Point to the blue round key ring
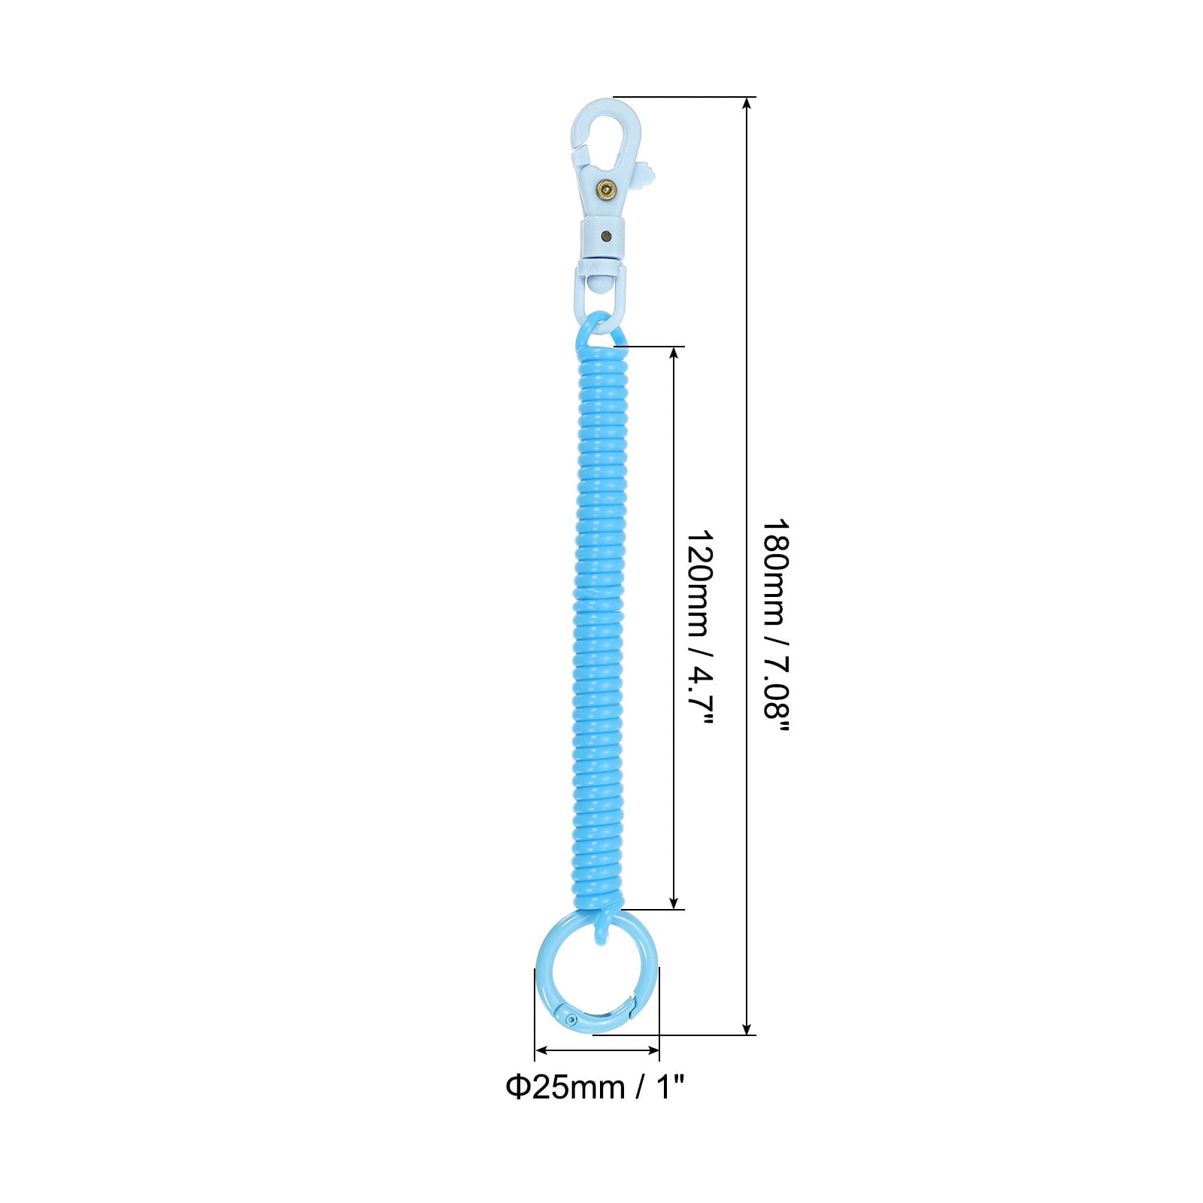596,974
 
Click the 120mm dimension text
700,583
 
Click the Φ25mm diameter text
565,1087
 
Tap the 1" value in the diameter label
670,1087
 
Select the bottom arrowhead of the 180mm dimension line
747,1028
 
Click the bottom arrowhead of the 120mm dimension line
674,901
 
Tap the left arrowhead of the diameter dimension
541,1050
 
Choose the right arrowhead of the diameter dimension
653,1050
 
